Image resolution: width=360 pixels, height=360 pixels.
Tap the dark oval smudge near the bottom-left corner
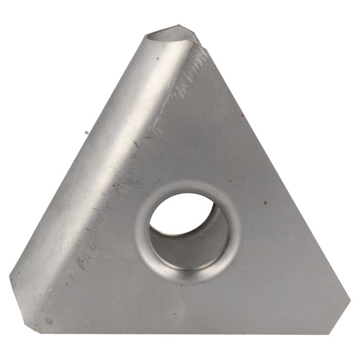click(49, 321)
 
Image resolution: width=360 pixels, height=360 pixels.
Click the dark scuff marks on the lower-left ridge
click(82, 257)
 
